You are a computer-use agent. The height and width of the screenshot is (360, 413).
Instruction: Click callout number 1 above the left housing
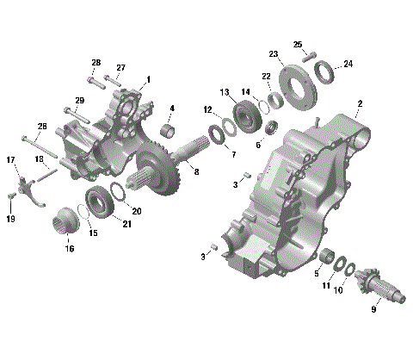(x=148, y=79)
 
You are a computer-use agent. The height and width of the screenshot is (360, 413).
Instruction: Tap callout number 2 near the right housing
(x=359, y=103)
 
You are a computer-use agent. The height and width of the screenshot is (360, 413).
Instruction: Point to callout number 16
(x=70, y=249)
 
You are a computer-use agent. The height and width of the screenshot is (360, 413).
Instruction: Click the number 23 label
(x=274, y=54)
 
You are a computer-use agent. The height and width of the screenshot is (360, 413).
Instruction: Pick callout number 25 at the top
(x=297, y=44)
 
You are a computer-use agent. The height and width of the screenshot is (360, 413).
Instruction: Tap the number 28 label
(x=96, y=63)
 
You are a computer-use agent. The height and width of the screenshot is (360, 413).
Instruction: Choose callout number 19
(x=11, y=220)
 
